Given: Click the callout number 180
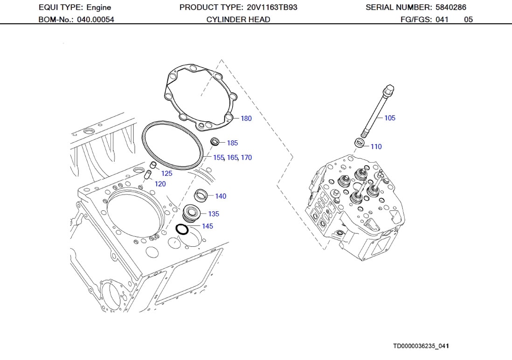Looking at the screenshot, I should pyautogui.click(x=246, y=118).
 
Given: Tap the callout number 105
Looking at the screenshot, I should pyautogui.click(x=389, y=118).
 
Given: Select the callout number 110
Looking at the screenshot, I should pyautogui.click(x=376, y=146).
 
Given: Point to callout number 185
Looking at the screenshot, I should pyautogui.click(x=232, y=143).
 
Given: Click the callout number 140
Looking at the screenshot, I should pyautogui.click(x=221, y=196).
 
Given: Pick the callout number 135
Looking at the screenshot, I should pyautogui.click(x=214, y=214).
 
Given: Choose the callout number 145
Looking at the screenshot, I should pyautogui.click(x=208, y=226).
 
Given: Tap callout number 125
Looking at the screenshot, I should pyautogui.click(x=166, y=173).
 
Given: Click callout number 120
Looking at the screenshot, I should pyautogui.click(x=160, y=184).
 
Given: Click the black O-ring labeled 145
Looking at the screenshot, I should pyautogui.click(x=181, y=229).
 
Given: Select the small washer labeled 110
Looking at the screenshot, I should pyautogui.click(x=360, y=143).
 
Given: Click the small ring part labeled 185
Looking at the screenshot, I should pyautogui.click(x=215, y=141).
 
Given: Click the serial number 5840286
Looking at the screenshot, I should pyautogui.click(x=450, y=7).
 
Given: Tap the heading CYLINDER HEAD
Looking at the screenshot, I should pyautogui.click(x=238, y=20).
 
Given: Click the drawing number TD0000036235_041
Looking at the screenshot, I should pyautogui.click(x=421, y=346).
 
